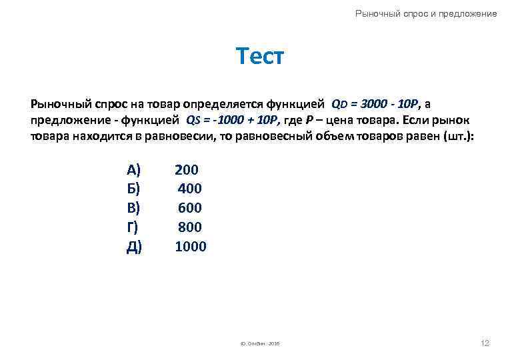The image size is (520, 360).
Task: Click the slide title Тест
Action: [260, 57]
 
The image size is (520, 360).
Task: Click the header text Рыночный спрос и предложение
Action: [426, 13]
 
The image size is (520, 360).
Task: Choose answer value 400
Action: [189, 189]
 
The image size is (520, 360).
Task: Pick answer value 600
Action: [189, 208]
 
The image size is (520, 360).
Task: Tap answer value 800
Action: [189, 227]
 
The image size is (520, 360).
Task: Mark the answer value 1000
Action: [191, 247]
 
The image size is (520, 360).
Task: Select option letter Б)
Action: [134, 189]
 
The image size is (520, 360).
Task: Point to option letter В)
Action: [134, 208]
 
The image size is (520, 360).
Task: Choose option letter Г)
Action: [133, 227]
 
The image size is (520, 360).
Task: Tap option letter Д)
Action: [134, 247]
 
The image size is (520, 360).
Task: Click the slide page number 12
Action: [485, 343]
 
